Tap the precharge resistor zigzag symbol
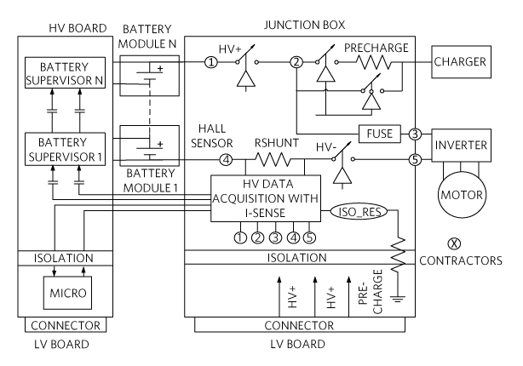pos(373,62)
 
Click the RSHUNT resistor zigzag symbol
pos(273,159)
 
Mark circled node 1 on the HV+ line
pos(210,62)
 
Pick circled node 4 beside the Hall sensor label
pos(226,160)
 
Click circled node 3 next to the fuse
pos(415,134)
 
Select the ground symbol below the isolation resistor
pos(397,298)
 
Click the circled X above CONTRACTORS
pos(454,243)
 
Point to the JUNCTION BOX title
pos(305,25)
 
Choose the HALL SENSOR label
pos(212,135)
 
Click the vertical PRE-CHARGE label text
pos(371,292)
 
